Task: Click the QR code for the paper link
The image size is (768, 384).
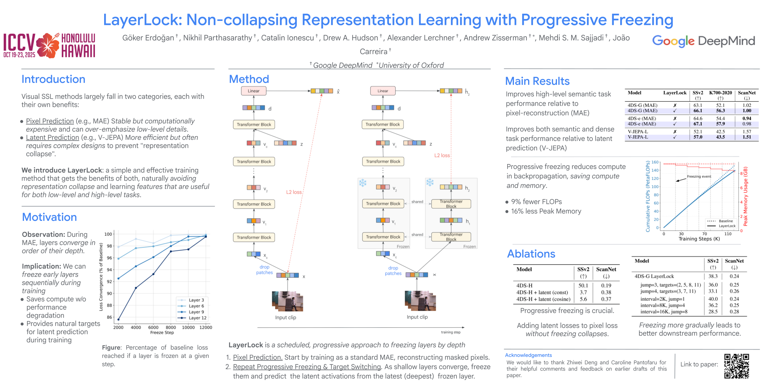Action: coord(736,366)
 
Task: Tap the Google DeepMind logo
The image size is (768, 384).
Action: coord(703,41)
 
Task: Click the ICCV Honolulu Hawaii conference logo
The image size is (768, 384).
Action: coord(49,45)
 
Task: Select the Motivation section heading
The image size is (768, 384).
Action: coord(49,217)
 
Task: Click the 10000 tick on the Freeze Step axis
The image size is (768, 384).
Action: coord(188,327)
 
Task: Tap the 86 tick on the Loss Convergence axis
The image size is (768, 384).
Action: coord(109,317)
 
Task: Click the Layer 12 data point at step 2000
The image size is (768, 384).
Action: coord(119,319)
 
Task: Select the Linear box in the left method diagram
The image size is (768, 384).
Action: coord(253,91)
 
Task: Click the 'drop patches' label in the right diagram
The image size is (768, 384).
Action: coord(393,271)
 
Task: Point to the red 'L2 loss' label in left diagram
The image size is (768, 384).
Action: coord(294,192)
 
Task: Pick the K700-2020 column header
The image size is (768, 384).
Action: coord(720,93)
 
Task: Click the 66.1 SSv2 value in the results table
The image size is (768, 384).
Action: coord(698,111)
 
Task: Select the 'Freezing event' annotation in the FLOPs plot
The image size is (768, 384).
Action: coord(699,176)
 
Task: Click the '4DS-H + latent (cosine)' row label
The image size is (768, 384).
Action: coord(543,299)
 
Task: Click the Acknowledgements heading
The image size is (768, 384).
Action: coord(528,355)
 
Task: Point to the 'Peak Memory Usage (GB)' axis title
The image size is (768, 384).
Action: coord(745,197)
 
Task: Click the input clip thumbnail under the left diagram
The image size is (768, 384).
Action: coord(287,301)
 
